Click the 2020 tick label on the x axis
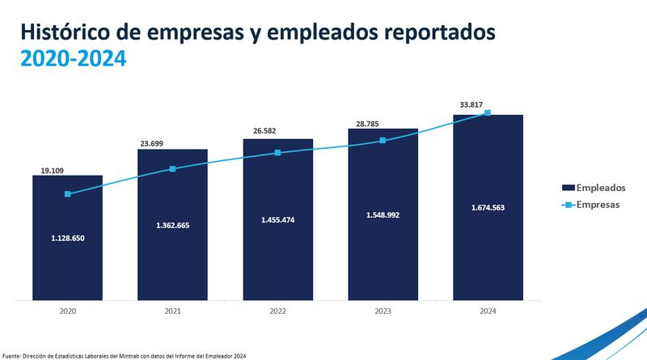(67, 312)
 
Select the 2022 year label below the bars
(277, 312)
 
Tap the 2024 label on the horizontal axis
(488, 312)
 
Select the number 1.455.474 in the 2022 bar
(277, 219)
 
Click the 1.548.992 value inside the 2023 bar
(383, 214)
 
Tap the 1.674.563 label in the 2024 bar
(488, 208)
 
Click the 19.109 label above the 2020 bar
(53, 172)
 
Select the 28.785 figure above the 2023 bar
(365, 124)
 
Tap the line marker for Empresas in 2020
(67, 194)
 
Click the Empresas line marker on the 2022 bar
(277, 152)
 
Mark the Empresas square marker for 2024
(488, 112)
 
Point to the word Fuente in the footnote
(14, 355)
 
